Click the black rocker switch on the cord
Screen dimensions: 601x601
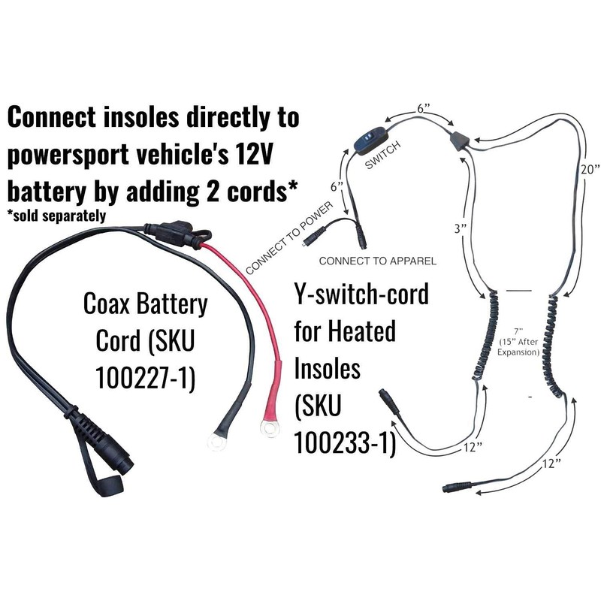370,140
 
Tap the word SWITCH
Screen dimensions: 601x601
381,157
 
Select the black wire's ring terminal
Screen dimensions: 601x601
218,442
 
